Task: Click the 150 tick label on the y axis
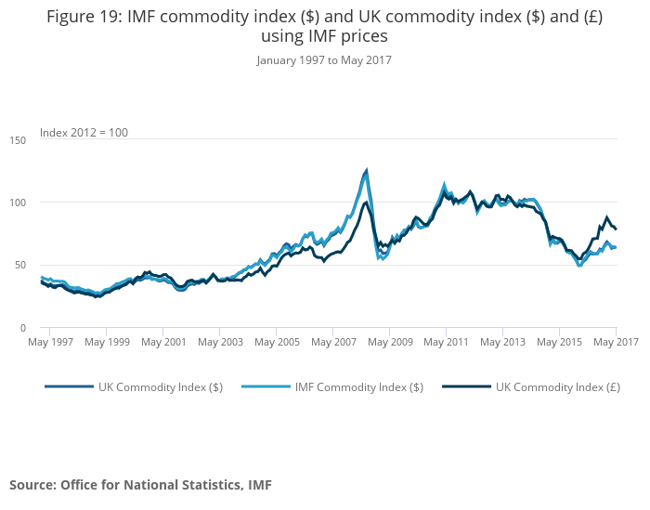click(19, 138)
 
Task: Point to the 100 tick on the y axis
click(19, 202)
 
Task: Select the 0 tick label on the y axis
click(23, 328)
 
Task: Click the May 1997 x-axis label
click(50, 342)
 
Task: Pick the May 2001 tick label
click(163, 342)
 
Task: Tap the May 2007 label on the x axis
click(332, 342)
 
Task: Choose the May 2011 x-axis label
click(446, 342)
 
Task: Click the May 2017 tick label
click(615, 342)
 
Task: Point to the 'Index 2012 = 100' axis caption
click(84, 132)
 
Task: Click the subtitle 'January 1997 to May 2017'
click(324, 60)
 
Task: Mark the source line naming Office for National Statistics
click(140, 484)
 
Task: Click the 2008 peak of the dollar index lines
click(367, 171)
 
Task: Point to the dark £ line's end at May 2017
click(616, 229)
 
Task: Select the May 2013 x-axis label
click(502, 342)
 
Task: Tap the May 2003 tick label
click(220, 342)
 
